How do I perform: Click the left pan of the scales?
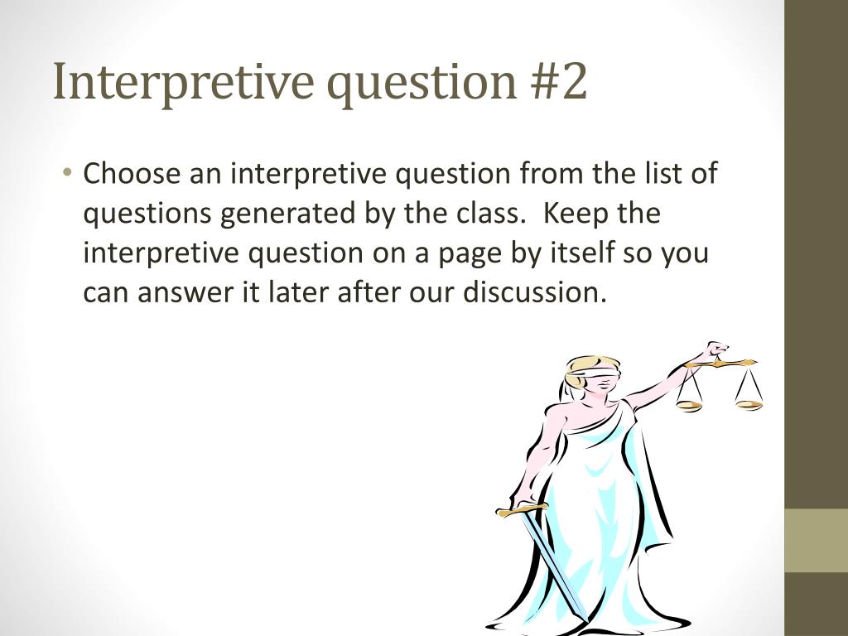(x=689, y=405)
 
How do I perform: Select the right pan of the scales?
(x=749, y=404)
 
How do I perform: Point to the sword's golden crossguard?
(x=522, y=508)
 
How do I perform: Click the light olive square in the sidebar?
(x=816, y=541)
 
